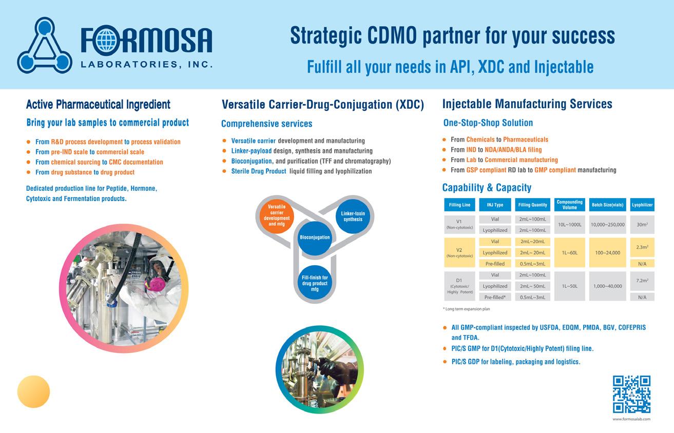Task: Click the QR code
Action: tap(631, 394)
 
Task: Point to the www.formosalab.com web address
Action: tap(631, 419)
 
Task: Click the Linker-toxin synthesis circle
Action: tap(353, 216)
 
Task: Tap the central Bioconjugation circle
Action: tap(315, 238)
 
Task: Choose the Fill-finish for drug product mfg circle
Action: tap(315, 284)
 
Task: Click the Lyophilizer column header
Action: tap(642, 205)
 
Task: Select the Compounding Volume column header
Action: tap(569, 205)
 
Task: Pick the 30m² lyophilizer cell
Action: tap(642, 224)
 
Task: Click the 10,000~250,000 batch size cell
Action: tap(607, 224)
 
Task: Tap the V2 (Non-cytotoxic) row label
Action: tap(459, 252)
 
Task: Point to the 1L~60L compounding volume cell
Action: tap(569, 252)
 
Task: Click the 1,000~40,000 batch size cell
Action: tap(607, 286)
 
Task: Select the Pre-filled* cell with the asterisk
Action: tap(495, 298)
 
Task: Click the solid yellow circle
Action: tap(34, 391)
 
